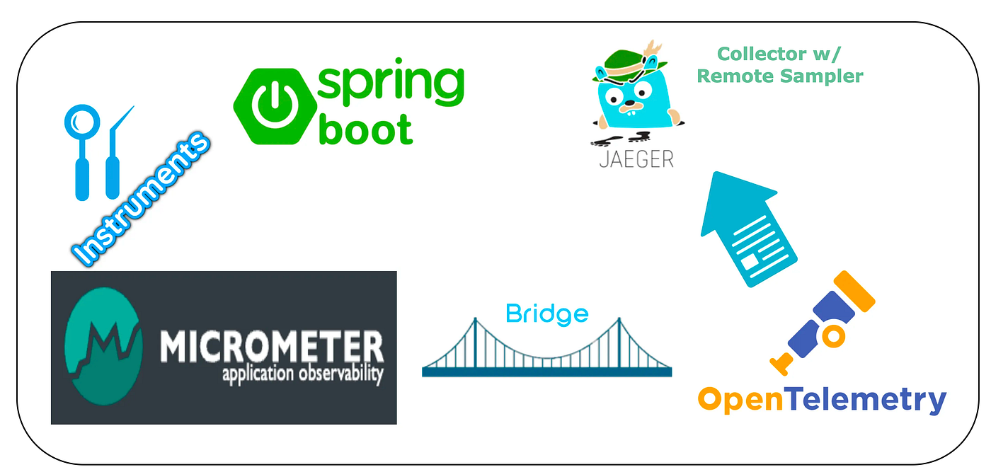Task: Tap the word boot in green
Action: point(365,129)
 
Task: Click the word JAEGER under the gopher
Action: point(636,158)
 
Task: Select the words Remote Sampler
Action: point(780,75)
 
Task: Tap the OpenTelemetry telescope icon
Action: point(822,322)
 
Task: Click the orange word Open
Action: point(740,401)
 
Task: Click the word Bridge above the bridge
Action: point(547,313)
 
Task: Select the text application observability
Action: point(302,374)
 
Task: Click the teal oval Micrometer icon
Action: point(105,347)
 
